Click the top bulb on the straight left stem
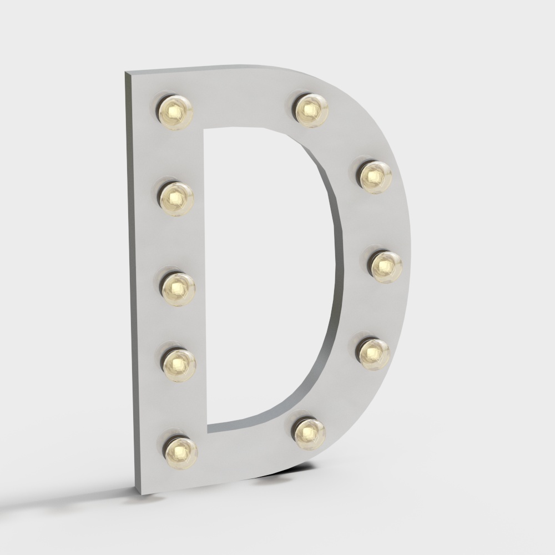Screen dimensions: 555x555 175,112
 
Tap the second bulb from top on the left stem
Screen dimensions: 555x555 176,198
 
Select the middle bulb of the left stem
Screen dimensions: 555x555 178,287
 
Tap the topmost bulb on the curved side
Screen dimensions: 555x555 311,109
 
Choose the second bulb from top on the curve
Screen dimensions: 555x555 375,176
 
